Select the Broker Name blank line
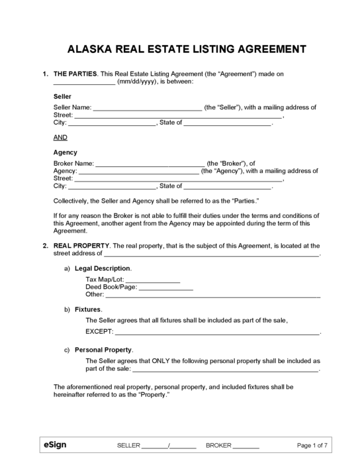pos(150,162)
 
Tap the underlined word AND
pos(60,137)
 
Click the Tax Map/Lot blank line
pos(153,280)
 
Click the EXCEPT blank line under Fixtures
pos(217,331)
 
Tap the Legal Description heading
pos(103,268)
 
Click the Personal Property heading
pos(103,349)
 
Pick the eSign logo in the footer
pos(55,445)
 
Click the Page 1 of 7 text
pos(312,446)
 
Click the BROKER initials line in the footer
pos(246,446)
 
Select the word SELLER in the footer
pos(128,446)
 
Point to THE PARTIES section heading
pos(75,73)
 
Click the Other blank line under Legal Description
pos(212,295)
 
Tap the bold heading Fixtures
pos(88,309)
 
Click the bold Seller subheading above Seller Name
pos(62,95)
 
